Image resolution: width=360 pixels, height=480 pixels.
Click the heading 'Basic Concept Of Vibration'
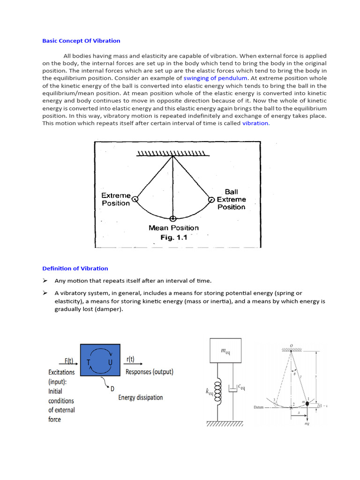[81, 41]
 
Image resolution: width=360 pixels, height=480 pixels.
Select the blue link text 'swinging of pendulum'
[215, 78]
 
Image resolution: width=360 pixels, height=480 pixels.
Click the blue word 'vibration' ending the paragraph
[255, 123]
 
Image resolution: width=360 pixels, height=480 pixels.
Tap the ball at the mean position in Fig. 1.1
[173, 219]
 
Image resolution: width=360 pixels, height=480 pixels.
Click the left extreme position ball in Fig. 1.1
[135, 199]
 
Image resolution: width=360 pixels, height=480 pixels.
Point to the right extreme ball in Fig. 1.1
[211, 199]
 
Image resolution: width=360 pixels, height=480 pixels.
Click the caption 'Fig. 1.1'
[173, 237]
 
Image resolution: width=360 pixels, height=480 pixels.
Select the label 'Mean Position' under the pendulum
[173, 228]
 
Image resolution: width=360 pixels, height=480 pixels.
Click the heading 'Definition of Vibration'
[75, 269]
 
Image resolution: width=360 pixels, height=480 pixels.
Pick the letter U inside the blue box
[110, 363]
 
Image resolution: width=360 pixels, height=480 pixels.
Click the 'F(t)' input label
[68, 361]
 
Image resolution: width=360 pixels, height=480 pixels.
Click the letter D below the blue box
[112, 388]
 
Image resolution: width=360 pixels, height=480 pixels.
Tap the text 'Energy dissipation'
[141, 397]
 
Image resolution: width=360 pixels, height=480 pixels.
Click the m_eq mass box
[225, 350]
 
